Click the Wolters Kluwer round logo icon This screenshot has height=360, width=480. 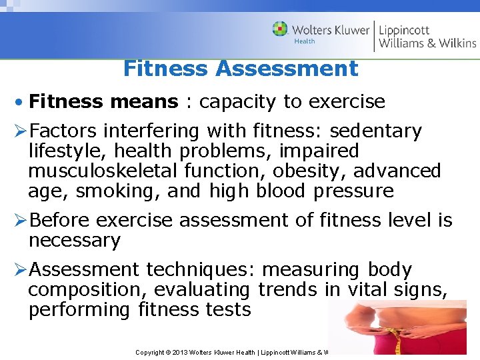280,29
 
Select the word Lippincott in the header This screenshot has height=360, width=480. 404,30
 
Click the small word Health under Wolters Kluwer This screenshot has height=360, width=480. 305,41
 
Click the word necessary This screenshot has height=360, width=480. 74,240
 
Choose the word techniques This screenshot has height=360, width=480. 199,269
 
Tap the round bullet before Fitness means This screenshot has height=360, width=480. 21,102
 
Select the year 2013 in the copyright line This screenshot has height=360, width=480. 182,352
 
